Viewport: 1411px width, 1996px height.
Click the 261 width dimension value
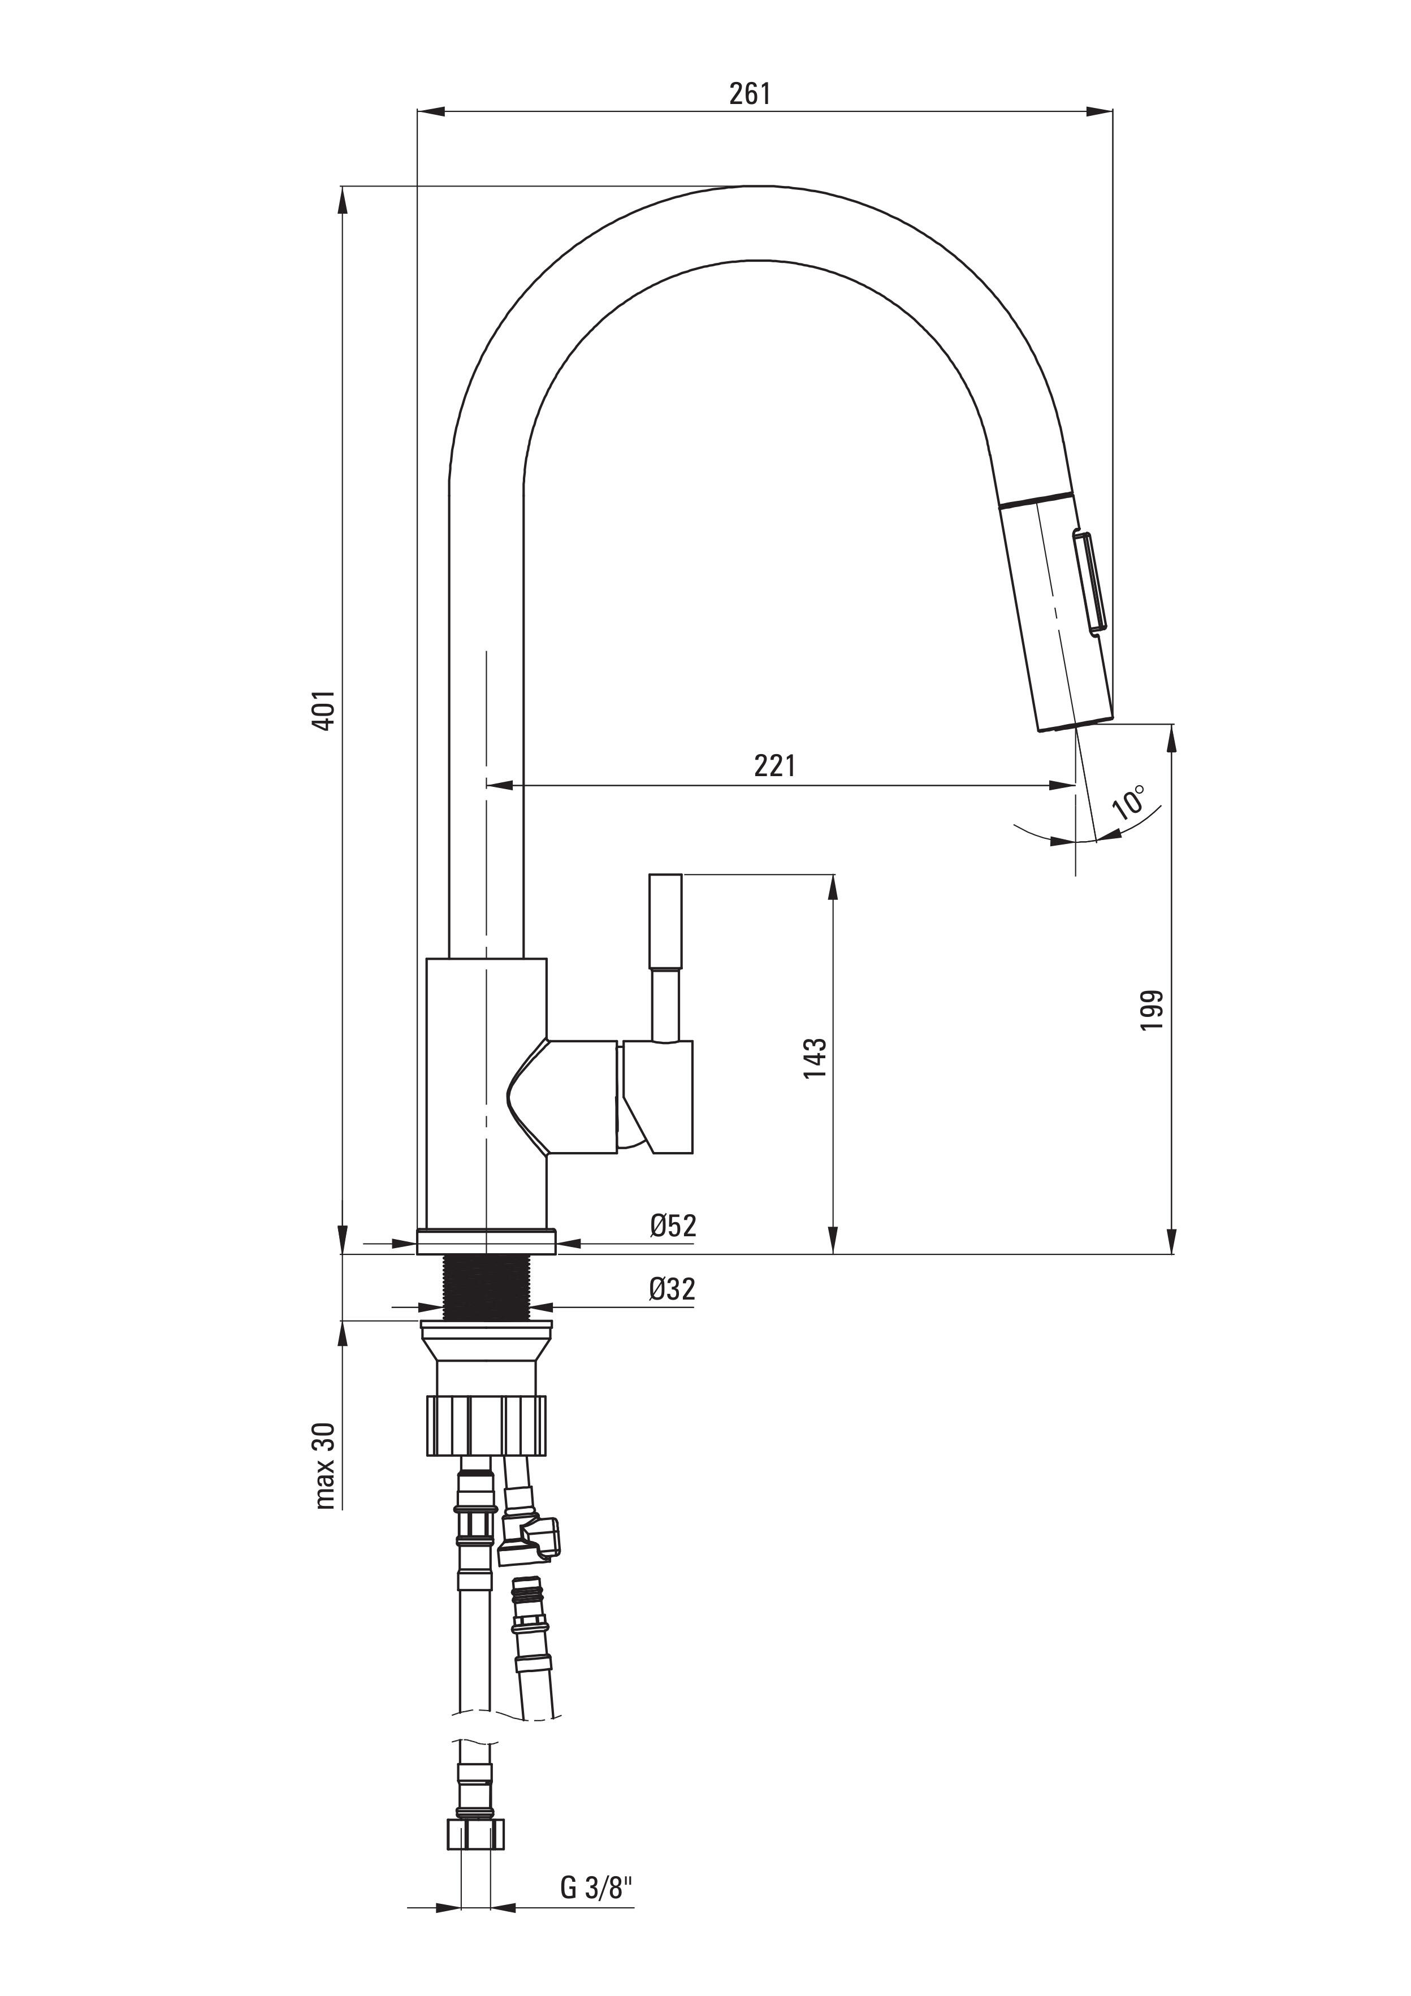pyautogui.click(x=750, y=93)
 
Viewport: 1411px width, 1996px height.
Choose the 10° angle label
pyautogui.click(x=1129, y=800)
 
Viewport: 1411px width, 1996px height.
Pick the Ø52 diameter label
pyautogui.click(x=673, y=1225)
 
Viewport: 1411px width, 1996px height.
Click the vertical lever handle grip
pyautogui.click(x=666, y=921)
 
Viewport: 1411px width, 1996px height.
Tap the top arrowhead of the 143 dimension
pyautogui.click(x=833, y=887)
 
